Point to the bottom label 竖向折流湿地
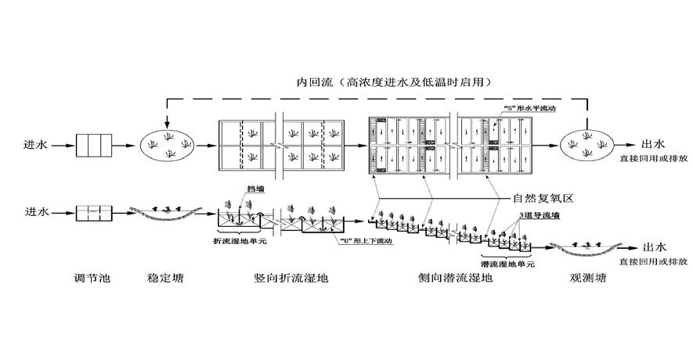tap(291, 278)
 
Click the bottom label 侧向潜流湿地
tap(456, 278)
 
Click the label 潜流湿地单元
tap(507, 265)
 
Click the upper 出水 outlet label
tap(653, 144)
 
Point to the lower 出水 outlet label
tap(653, 245)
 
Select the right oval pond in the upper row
tap(588, 144)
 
